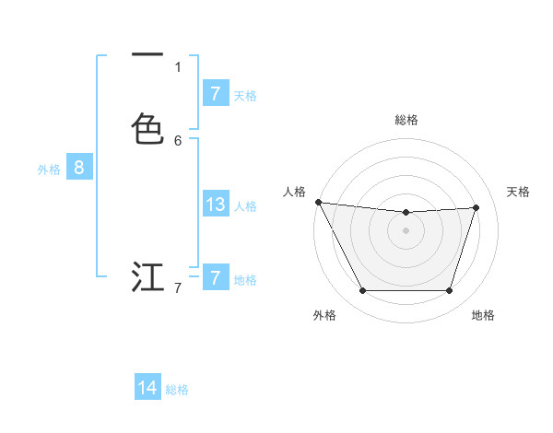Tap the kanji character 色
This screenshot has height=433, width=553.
pos(147,129)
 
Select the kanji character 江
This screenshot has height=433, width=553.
pos(147,276)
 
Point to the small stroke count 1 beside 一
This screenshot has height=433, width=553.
pos(178,66)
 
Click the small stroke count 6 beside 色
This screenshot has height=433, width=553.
pos(178,140)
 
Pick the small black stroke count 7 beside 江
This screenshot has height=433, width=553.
pos(178,288)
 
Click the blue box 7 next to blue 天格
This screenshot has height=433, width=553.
pos(215,94)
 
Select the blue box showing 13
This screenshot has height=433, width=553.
pos(215,205)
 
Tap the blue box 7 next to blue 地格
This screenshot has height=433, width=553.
pos(215,278)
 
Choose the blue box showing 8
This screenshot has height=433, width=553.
pos(79,168)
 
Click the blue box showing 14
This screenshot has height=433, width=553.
pos(147,388)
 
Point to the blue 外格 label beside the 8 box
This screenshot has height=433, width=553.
pos(49,170)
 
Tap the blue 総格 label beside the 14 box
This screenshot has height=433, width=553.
pos(177,390)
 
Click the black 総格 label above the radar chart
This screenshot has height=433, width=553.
pos(406,120)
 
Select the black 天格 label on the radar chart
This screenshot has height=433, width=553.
pos(518,192)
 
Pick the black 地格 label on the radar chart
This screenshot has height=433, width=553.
pos(483,315)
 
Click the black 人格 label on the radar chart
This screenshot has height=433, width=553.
pos(294,192)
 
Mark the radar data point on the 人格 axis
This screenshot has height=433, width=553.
pos(318,202)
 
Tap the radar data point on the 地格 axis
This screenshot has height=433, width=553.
pos(449,291)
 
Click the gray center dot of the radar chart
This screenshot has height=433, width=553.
pos(406,230)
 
